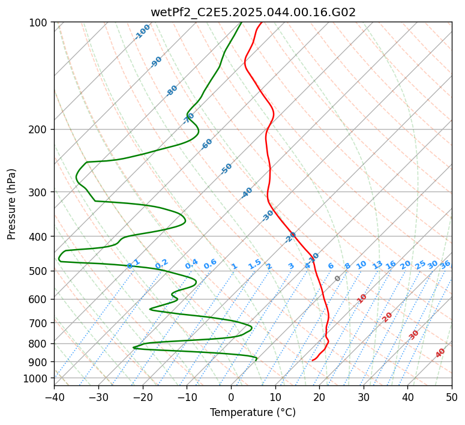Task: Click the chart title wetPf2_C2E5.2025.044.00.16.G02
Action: click(x=253, y=13)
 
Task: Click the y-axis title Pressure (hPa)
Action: click(x=11, y=204)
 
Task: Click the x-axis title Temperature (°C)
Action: click(x=253, y=412)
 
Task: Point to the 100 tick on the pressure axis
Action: click(x=41, y=22)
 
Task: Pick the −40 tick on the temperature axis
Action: click(x=54, y=396)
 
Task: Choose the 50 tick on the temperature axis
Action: click(x=452, y=396)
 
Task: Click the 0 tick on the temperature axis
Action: click(x=231, y=396)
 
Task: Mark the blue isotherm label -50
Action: click(x=226, y=169)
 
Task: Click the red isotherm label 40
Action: click(x=440, y=353)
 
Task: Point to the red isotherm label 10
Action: click(x=362, y=298)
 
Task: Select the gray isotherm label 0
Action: click(x=337, y=279)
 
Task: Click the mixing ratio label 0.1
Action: click(x=134, y=264)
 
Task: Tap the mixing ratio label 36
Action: click(x=445, y=265)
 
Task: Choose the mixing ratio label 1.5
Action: click(x=254, y=264)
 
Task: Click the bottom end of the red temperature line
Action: click(x=312, y=360)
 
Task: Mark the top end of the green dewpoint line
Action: click(x=241, y=22)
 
